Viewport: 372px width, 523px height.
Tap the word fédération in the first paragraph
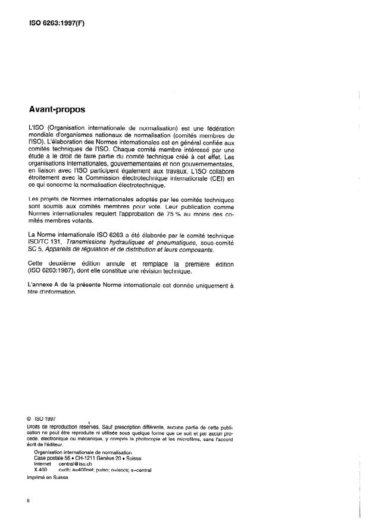tap(217, 129)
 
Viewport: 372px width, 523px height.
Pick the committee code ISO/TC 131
tap(49, 243)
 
